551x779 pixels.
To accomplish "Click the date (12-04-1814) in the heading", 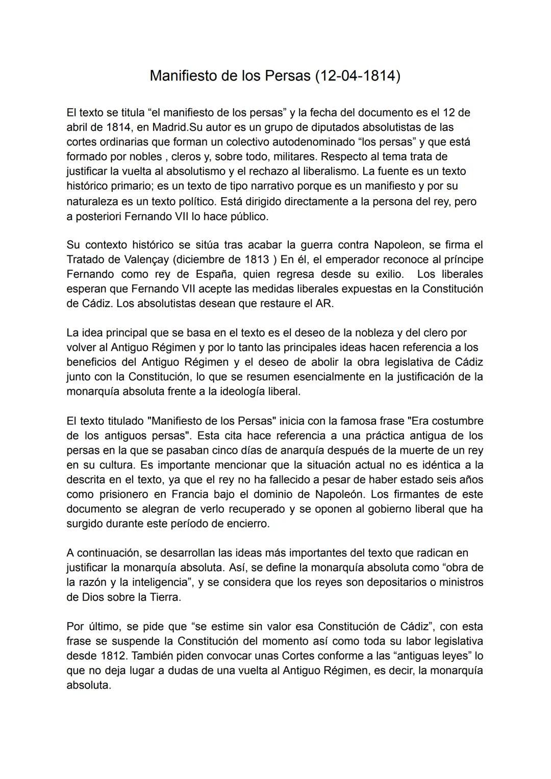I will click(x=357, y=76).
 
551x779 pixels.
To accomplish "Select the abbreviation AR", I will click(x=324, y=303).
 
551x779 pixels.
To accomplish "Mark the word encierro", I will click(x=246, y=524).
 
